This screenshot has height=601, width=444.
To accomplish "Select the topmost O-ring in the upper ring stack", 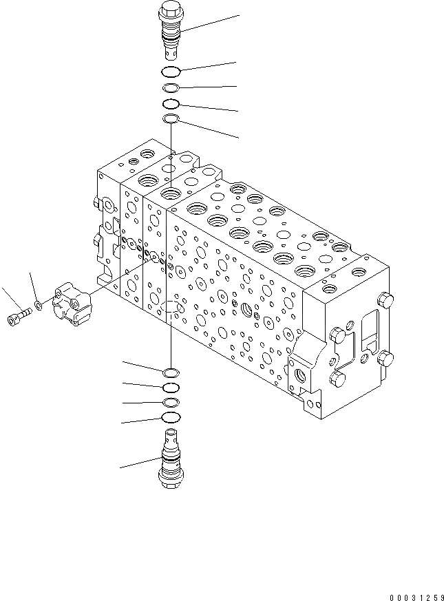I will [x=171, y=72].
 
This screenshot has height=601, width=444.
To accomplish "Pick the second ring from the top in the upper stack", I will [x=171, y=88].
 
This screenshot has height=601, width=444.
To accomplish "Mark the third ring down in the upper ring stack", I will [x=171, y=104].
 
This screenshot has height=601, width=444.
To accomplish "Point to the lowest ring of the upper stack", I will [x=171, y=120].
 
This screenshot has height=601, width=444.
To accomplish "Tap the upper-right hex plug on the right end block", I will [x=386, y=299].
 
